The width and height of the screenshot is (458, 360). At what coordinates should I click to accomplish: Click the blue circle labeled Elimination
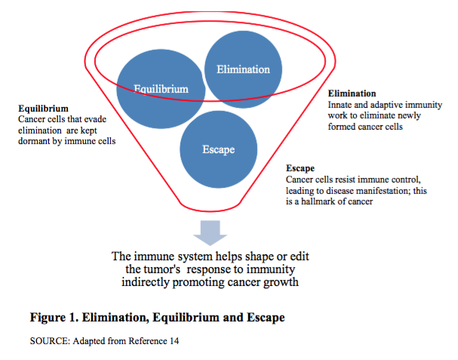coord(243,70)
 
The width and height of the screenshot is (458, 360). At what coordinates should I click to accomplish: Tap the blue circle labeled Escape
coord(218,149)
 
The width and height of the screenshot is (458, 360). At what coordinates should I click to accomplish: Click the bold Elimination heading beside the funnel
coord(352,94)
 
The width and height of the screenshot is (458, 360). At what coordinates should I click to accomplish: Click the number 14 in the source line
coord(173,340)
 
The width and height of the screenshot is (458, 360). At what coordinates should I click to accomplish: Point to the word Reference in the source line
coord(143,340)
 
